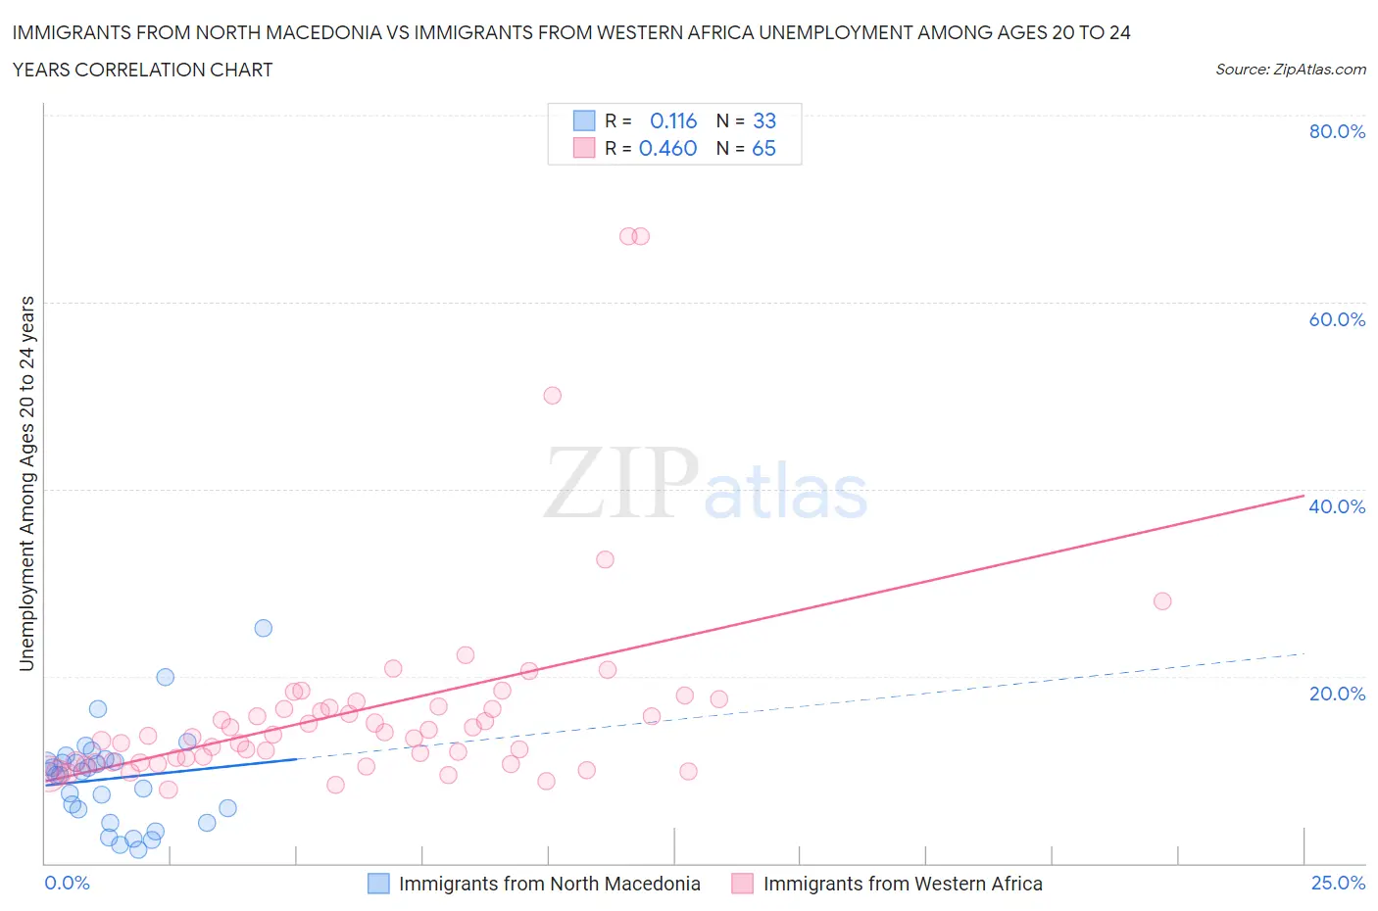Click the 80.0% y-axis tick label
tap(1337, 131)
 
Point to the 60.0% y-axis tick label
tap(1337, 319)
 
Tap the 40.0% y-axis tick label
tap(1337, 506)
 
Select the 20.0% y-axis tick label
tap(1337, 694)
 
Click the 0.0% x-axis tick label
tap(67, 883)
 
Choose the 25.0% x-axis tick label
tap(1338, 883)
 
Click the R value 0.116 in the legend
tap(673, 120)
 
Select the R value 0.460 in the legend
tap(667, 148)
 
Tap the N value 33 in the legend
tap(764, 120)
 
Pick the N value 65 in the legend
tap(763, 148)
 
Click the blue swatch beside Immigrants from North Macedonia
tap(378, 884)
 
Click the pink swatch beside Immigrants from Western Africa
tap(743, 884)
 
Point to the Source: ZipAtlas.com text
tap(1290, 69)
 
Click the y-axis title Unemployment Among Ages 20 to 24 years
tap(26, 483)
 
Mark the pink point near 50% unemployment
tap(552, 396)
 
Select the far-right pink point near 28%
tap(1162, 600)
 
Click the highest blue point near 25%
tap(263, 628)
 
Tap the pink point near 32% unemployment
tap(605, 559)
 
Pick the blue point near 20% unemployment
tap(166, 677)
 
